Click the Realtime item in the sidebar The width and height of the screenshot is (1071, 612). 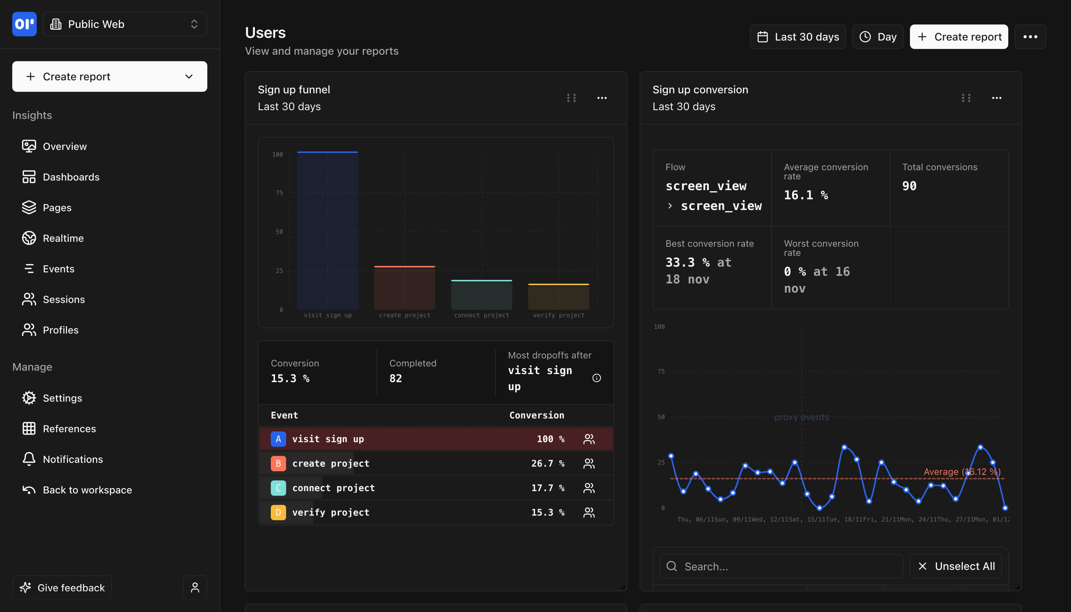(63, 238)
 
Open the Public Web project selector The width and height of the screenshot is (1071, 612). (125, 24)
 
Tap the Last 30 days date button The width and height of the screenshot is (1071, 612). (797, 37)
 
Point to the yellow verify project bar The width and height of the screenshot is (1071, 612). (558, 297)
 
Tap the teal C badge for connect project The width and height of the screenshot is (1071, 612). (278, 488)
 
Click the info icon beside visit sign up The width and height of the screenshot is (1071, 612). (596, 378)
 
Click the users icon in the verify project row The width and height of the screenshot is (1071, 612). (589, 512)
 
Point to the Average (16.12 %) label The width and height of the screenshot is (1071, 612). (961, 472)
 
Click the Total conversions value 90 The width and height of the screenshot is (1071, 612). (909, 186)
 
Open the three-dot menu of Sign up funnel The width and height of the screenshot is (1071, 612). (602, 98)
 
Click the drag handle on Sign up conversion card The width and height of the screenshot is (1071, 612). (966, 98)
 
